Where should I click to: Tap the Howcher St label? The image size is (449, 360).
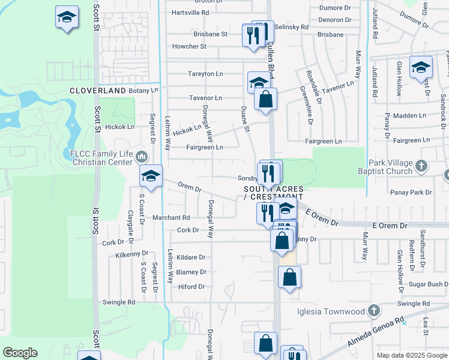pyautogui.click(x=189, y=46)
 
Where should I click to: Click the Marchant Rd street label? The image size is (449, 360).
pyautogui.click(x=171, y=217)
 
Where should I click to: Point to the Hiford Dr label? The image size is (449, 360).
pyautogui.click(x=192, y=287)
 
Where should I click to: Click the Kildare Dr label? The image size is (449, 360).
pyautogui.click(x=191, y=257)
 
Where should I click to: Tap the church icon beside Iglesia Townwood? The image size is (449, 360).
pyautogui.click(x=374, y=311)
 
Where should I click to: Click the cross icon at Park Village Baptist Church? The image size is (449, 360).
pyautogui.click(x=421, y=165)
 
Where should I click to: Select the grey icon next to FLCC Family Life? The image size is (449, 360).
pyautogui.click(x=142, y=157)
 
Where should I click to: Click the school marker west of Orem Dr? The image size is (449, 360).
pyautogui.click(x=151, y=176)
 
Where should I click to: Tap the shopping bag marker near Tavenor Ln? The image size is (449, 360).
pyautogui.click(x=265, y=99)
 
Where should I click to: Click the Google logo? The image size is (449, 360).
pyautogui.click(x=20, y=353)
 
